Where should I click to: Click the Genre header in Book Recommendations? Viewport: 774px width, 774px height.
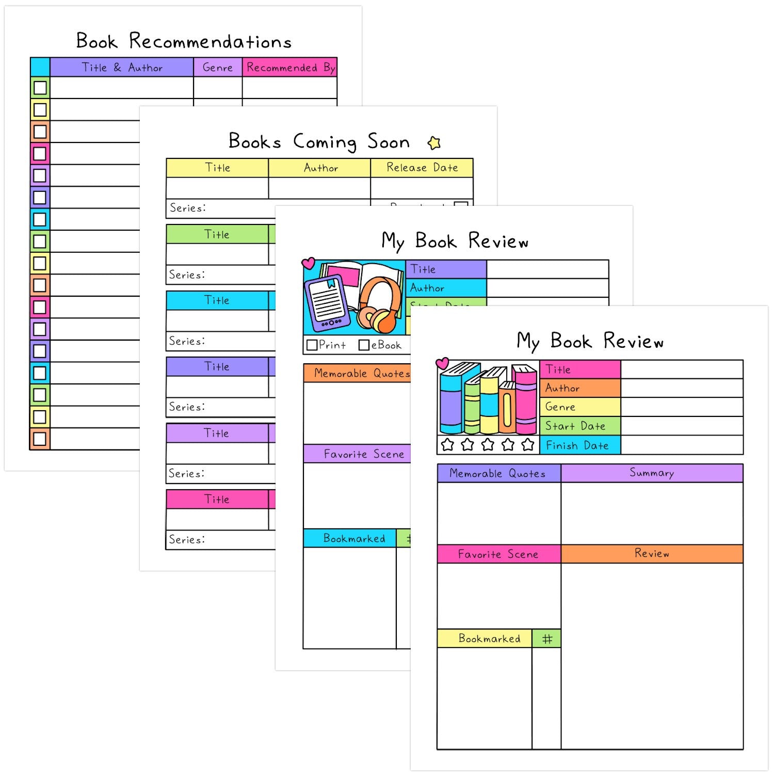pos(217,68)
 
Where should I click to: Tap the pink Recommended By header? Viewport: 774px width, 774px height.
pos(289,68)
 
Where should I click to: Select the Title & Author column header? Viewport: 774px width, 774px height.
pos(122,68)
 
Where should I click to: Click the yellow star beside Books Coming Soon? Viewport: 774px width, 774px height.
pos(434,143)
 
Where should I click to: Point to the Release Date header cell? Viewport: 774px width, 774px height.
pos(422,168)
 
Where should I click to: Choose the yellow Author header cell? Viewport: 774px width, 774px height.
pos(320,168)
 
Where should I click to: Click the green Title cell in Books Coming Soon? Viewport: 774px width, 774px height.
pos(217,234)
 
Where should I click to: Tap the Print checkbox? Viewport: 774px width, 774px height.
pos(312,345)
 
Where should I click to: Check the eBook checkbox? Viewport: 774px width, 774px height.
pos(364,345)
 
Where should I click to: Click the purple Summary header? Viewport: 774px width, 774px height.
pos(652,473)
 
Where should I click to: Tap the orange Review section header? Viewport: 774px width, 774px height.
pos(652,554)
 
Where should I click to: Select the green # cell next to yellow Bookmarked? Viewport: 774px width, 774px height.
pos(546,639)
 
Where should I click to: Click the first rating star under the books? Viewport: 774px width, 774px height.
pos(447,444)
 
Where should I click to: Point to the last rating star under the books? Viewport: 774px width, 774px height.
pos(527,444)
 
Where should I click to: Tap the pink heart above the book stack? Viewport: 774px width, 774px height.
pos(442,363)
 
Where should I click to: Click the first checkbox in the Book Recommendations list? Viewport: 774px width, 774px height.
pos(40,88)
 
